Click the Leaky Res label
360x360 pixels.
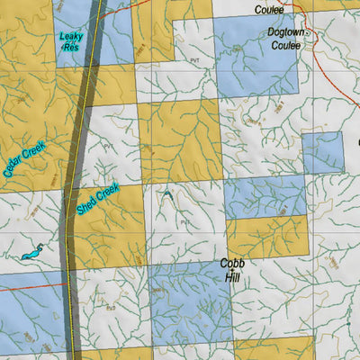click(70, 42)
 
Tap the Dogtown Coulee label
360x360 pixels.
click(288, 37)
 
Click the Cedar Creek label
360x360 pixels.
click(23, 161)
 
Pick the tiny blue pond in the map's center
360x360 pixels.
click(168, 194)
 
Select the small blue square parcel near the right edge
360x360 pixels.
click(322, 152)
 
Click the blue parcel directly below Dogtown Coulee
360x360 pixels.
click(256, 72)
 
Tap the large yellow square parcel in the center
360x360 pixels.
click(180, 139)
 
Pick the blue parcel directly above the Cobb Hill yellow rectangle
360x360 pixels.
click(265, 196)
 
